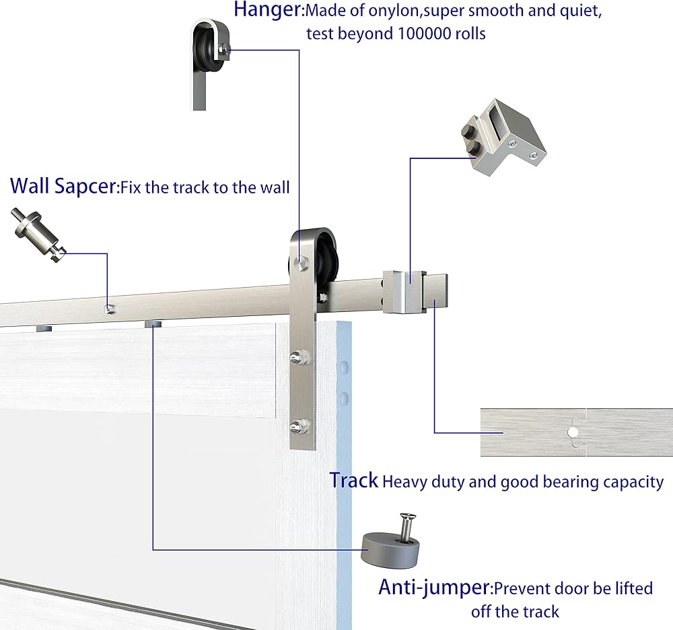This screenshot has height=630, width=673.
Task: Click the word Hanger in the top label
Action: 267,9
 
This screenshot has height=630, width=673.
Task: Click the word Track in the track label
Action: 354,480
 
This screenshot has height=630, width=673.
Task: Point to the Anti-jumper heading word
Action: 434,587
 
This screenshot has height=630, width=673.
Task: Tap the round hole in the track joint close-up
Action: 573,432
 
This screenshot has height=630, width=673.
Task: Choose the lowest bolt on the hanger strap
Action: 299,427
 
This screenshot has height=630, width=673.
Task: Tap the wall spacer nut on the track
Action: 110,309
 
